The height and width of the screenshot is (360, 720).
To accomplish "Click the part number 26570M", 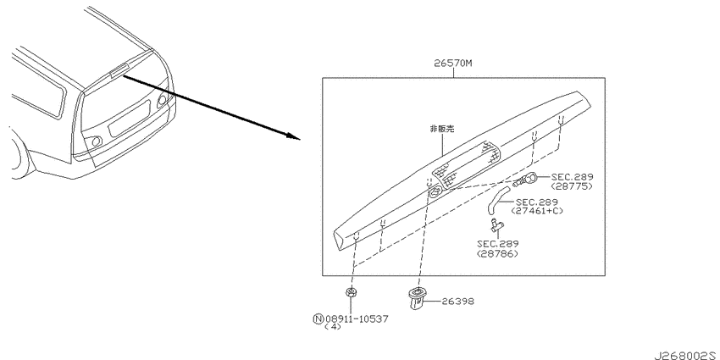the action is [453, 64].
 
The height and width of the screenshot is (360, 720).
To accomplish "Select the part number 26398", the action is [457, 302].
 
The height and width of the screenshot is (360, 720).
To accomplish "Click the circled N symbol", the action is [318, 318].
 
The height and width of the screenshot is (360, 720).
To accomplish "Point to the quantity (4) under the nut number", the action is [332, 328].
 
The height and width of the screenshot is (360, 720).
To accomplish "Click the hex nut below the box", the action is [352, 292].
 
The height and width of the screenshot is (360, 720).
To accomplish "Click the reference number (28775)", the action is [572, 186].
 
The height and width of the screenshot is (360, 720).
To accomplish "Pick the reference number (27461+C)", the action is [537, 211].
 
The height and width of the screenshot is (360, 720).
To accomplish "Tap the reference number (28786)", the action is [497, 253].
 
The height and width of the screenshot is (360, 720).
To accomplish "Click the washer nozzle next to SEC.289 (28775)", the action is [526, 179].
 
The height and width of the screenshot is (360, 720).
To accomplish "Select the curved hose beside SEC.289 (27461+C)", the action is [497, 200].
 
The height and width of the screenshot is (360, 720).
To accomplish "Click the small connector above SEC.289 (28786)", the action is [496, 224].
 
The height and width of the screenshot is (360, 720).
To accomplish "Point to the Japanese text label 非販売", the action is [441, 129].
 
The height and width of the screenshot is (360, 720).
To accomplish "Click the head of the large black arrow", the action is [294, 136].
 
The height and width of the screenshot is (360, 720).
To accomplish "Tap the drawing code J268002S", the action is [686, 355].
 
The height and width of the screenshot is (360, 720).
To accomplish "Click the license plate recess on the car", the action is [129, 119].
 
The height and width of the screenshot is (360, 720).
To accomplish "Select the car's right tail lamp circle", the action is [162, 101].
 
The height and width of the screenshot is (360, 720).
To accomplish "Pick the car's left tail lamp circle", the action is [96, 141].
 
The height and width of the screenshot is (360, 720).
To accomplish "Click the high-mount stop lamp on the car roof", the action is [119, 69].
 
